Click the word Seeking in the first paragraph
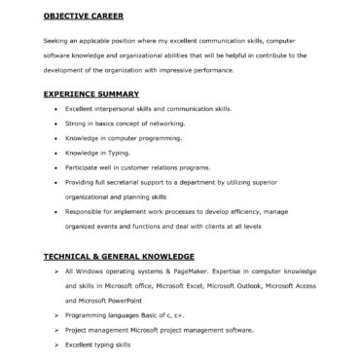[x=55, y=41]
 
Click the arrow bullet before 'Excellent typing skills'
[x=57, y=345]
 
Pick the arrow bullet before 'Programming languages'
[x=57, y=317]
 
